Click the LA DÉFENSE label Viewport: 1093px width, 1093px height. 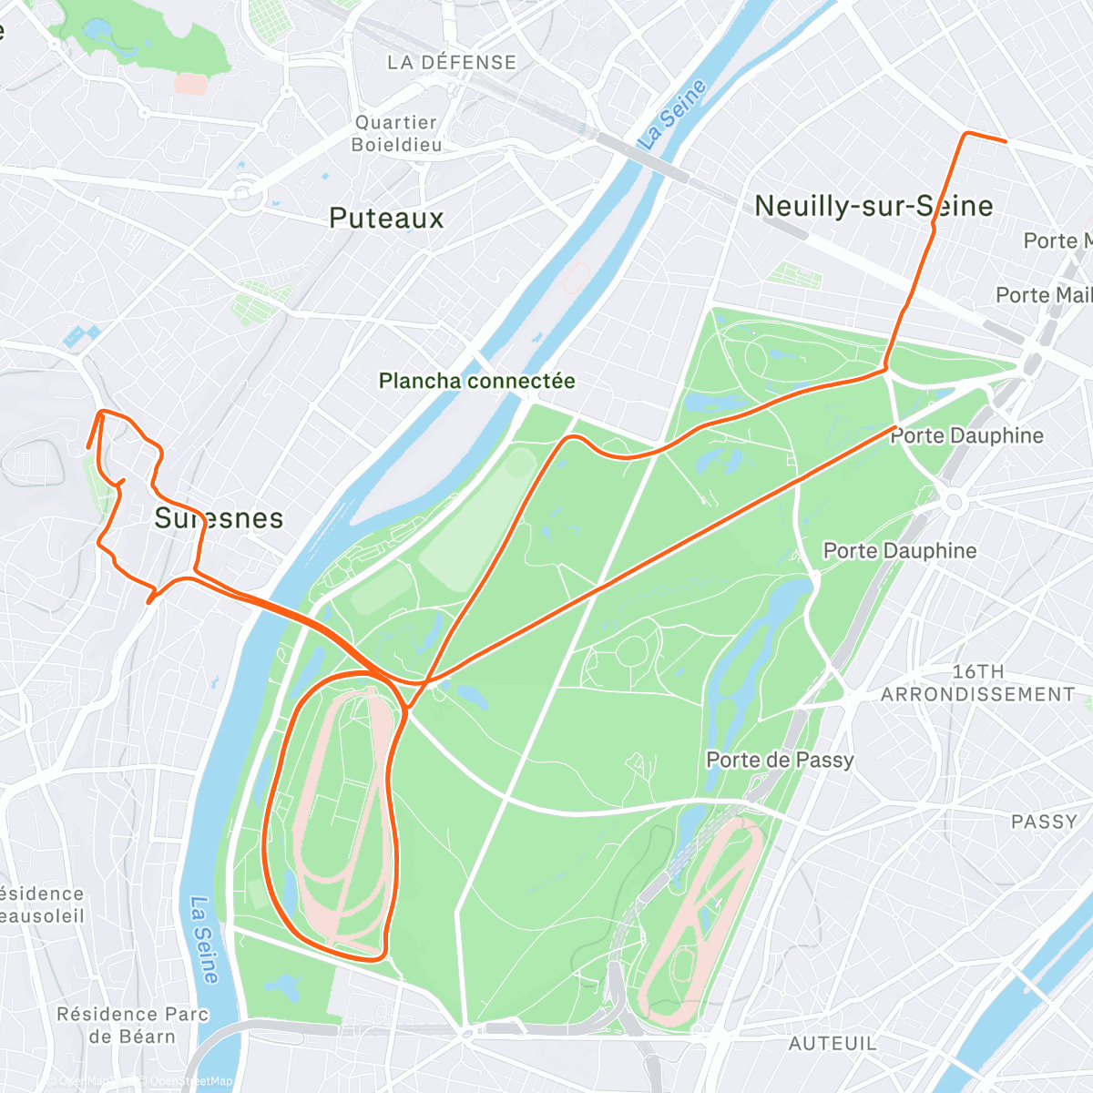(x=452, y=63)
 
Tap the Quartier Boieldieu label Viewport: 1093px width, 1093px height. (x=397, y=133)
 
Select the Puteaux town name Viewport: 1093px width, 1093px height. (x=386, y=219)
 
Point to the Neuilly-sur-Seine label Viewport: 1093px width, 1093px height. (x=873, y=206)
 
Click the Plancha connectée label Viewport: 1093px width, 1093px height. (x=476, y=381)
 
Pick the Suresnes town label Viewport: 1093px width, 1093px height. (x=219, y=518)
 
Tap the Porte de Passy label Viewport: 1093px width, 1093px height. (x=780, y=760)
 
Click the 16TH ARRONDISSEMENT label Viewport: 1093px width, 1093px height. (x=977, y=683)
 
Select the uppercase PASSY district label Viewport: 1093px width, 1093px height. (x=1044, y=822)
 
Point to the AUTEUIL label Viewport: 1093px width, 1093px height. (x=833, y=1044)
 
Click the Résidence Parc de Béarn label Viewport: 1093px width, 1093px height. (x=133, y=1025)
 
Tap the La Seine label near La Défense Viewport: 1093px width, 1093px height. (x=673, y=114)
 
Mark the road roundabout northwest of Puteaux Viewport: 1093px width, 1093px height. (x=243, y=191)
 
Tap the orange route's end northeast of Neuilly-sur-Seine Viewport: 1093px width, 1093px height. (x=1005, y=141)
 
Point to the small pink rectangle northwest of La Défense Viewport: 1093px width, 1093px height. (x=190, y=84)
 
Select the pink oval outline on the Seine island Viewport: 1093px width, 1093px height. (x=575, y=278)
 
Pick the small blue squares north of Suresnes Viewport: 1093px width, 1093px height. (x=80, y=335)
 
